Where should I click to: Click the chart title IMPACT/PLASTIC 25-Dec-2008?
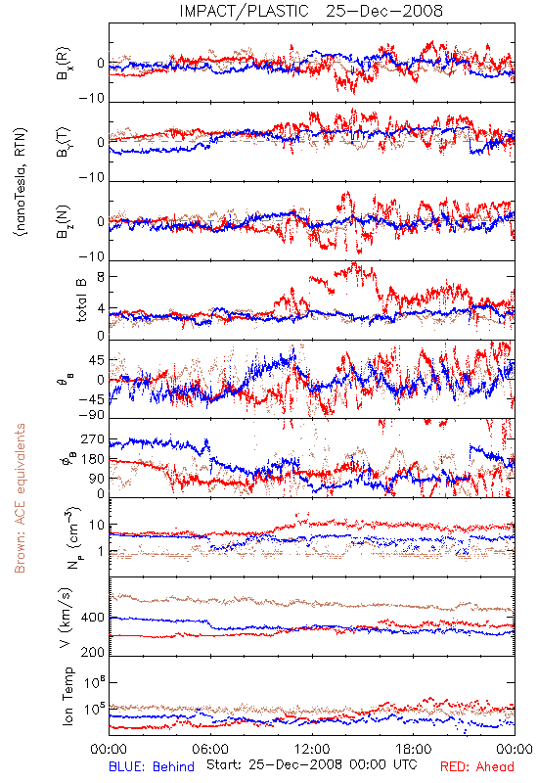point(311,11)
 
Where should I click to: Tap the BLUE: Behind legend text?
point(152,766)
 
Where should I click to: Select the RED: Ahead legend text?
point(476,766)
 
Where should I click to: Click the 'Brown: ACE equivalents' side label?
point(20,498)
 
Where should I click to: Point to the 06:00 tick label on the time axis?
point(210,749)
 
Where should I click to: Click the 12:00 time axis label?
point(312,749)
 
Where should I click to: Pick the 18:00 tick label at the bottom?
point(414,749)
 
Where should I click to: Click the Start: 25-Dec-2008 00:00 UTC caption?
point(312,764)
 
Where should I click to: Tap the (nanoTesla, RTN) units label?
point(21,182)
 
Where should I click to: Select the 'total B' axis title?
point(81,300)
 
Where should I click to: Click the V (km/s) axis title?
point(66,618)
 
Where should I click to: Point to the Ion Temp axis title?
point(67,696)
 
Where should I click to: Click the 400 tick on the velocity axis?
point(93,618)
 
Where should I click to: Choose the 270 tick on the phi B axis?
point(93,439)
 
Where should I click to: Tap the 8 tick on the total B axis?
point(101,277)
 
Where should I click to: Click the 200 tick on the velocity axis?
point(93,651)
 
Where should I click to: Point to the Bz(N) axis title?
point(64,221)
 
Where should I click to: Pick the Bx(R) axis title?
point(64,63)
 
